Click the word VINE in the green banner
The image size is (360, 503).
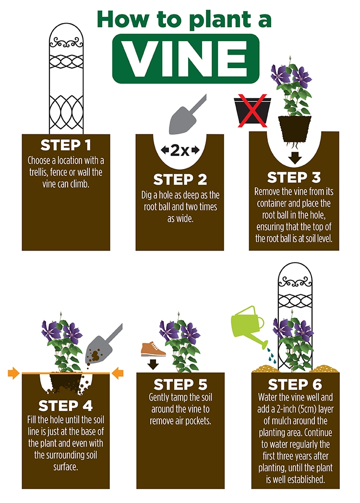[x=185, y=59]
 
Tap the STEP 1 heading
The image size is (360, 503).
[x=66, y=145]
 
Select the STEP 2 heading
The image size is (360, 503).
[x=180, y=180]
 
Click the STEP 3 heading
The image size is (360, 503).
[x=294, y=177]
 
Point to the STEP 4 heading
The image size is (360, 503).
[x=65, y=406]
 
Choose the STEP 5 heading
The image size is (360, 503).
[x=180, y=384]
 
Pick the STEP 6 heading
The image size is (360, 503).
[x=295, y=384]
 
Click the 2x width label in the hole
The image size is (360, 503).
[x=180, y=150]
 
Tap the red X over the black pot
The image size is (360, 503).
[x=252, y=110]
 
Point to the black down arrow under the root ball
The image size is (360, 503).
[x=295, y=158]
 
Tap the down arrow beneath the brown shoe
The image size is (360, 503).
[x=154, y=364]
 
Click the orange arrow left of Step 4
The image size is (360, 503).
[x=14, y=373]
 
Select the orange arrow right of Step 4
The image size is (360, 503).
[x=118, y=373]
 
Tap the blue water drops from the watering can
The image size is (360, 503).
[x=272, y=356]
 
